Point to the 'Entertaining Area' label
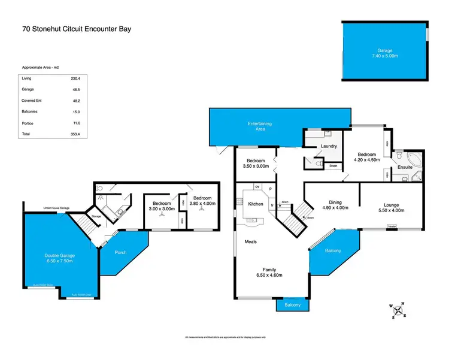(x=260, y=126)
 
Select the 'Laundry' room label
(x=329, y=146)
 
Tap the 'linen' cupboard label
(x=332, y=166)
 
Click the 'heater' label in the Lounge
(x=392, y=226)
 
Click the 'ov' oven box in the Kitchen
(x=257, y=187)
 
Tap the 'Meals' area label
(x=250, y=242)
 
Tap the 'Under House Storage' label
(x=56, y=208)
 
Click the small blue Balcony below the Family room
(x=292, y=305)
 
